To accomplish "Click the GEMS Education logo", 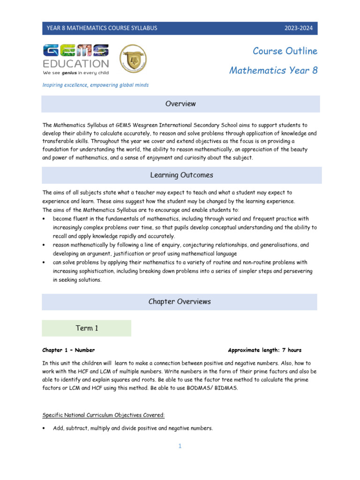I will point(75,60).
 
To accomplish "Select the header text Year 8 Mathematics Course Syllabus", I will point(102,28).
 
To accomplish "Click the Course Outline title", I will point(285,51).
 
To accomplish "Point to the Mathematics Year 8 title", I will point(273,70).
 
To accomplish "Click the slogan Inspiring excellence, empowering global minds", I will point(96,85).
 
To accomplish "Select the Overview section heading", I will point(180,104).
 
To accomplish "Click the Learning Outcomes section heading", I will point(181,175).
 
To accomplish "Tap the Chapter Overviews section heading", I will point(180,302).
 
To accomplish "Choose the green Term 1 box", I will point(87,328).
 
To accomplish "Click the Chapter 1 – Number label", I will point(68,350).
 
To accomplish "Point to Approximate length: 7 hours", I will point(264,350).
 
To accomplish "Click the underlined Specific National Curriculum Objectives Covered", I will point(104,415).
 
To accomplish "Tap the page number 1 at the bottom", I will point(180,446).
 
